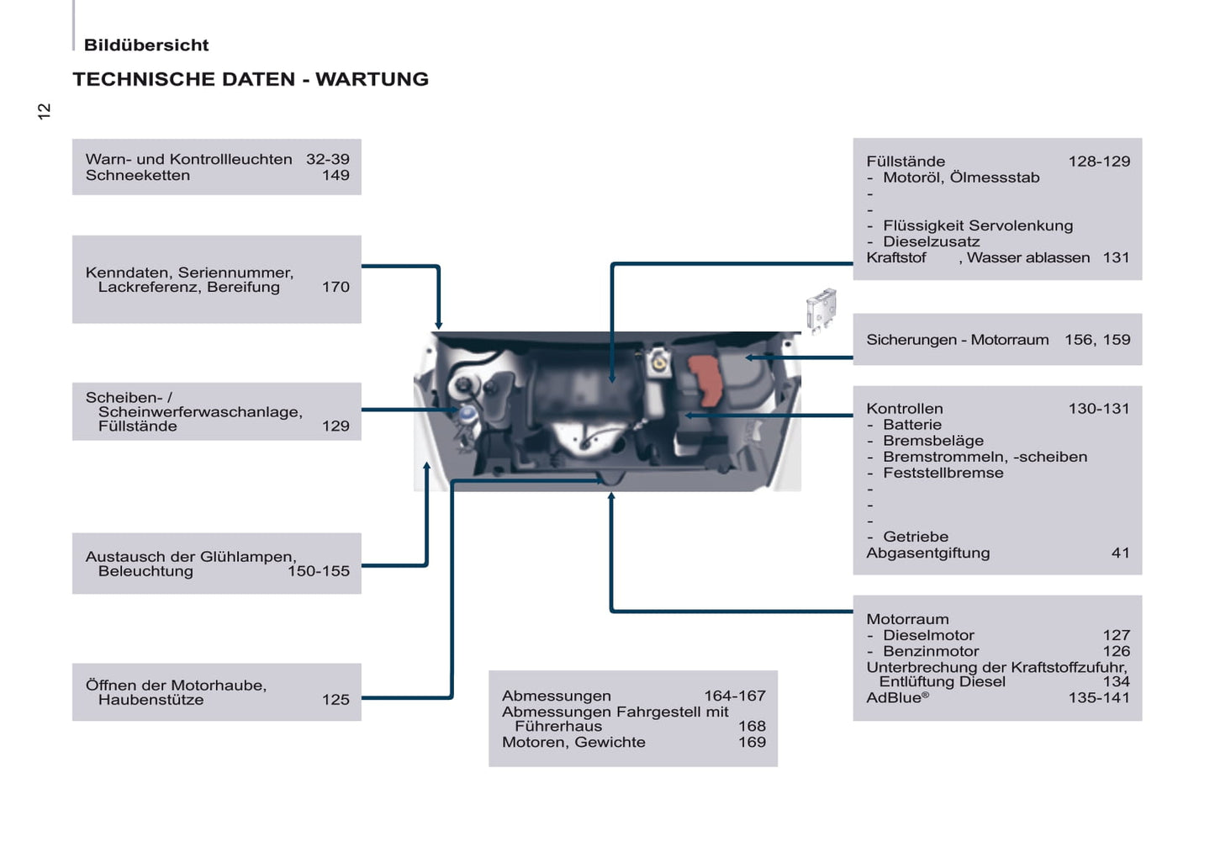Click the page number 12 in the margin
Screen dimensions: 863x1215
[45, 111]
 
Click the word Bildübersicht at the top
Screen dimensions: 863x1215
[146, 45]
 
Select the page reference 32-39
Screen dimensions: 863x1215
[327, 159]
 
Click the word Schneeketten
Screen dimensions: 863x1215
[138, 175]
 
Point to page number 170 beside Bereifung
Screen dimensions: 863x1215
[335, 287]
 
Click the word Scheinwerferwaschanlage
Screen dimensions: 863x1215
[199, 412]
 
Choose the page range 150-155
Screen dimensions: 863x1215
[318, 571]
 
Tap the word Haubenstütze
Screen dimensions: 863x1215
[151, 700]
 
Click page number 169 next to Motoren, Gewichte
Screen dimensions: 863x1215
[752, 742]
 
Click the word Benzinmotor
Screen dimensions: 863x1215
[931, 651]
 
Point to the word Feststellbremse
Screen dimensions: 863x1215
[943, 473]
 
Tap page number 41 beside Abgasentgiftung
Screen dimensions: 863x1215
[1120, 553]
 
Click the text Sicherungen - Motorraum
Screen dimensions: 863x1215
[957, 340]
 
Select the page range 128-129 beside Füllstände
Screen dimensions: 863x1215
[1099, 161]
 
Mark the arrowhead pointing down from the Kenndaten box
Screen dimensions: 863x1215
[438, 325]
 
